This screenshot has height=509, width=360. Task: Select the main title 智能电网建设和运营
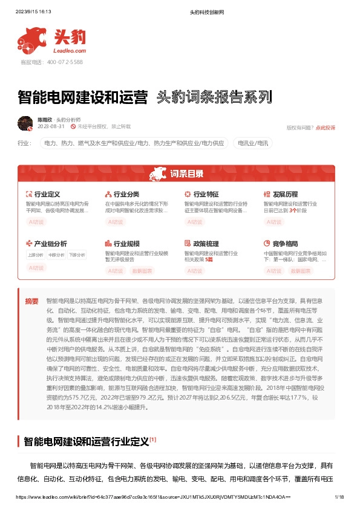coord(83,96)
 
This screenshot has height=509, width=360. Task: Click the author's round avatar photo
coord(25,123)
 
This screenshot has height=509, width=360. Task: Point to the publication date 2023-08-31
coord(51,127)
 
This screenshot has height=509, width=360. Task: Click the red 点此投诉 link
coord(326,128)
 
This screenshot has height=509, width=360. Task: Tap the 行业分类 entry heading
coord(126,194)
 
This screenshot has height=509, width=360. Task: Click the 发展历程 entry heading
coord(285,194)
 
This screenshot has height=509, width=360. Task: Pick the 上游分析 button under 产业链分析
coord(36,254)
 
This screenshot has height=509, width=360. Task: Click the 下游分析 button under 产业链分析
coord(76,254)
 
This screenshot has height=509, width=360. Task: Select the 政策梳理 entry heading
coord(206,244)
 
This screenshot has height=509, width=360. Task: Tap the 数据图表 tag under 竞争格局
coord(300,271)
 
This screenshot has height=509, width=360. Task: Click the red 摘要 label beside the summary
coord(31,300)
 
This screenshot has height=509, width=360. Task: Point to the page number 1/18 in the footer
coord(339,496)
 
